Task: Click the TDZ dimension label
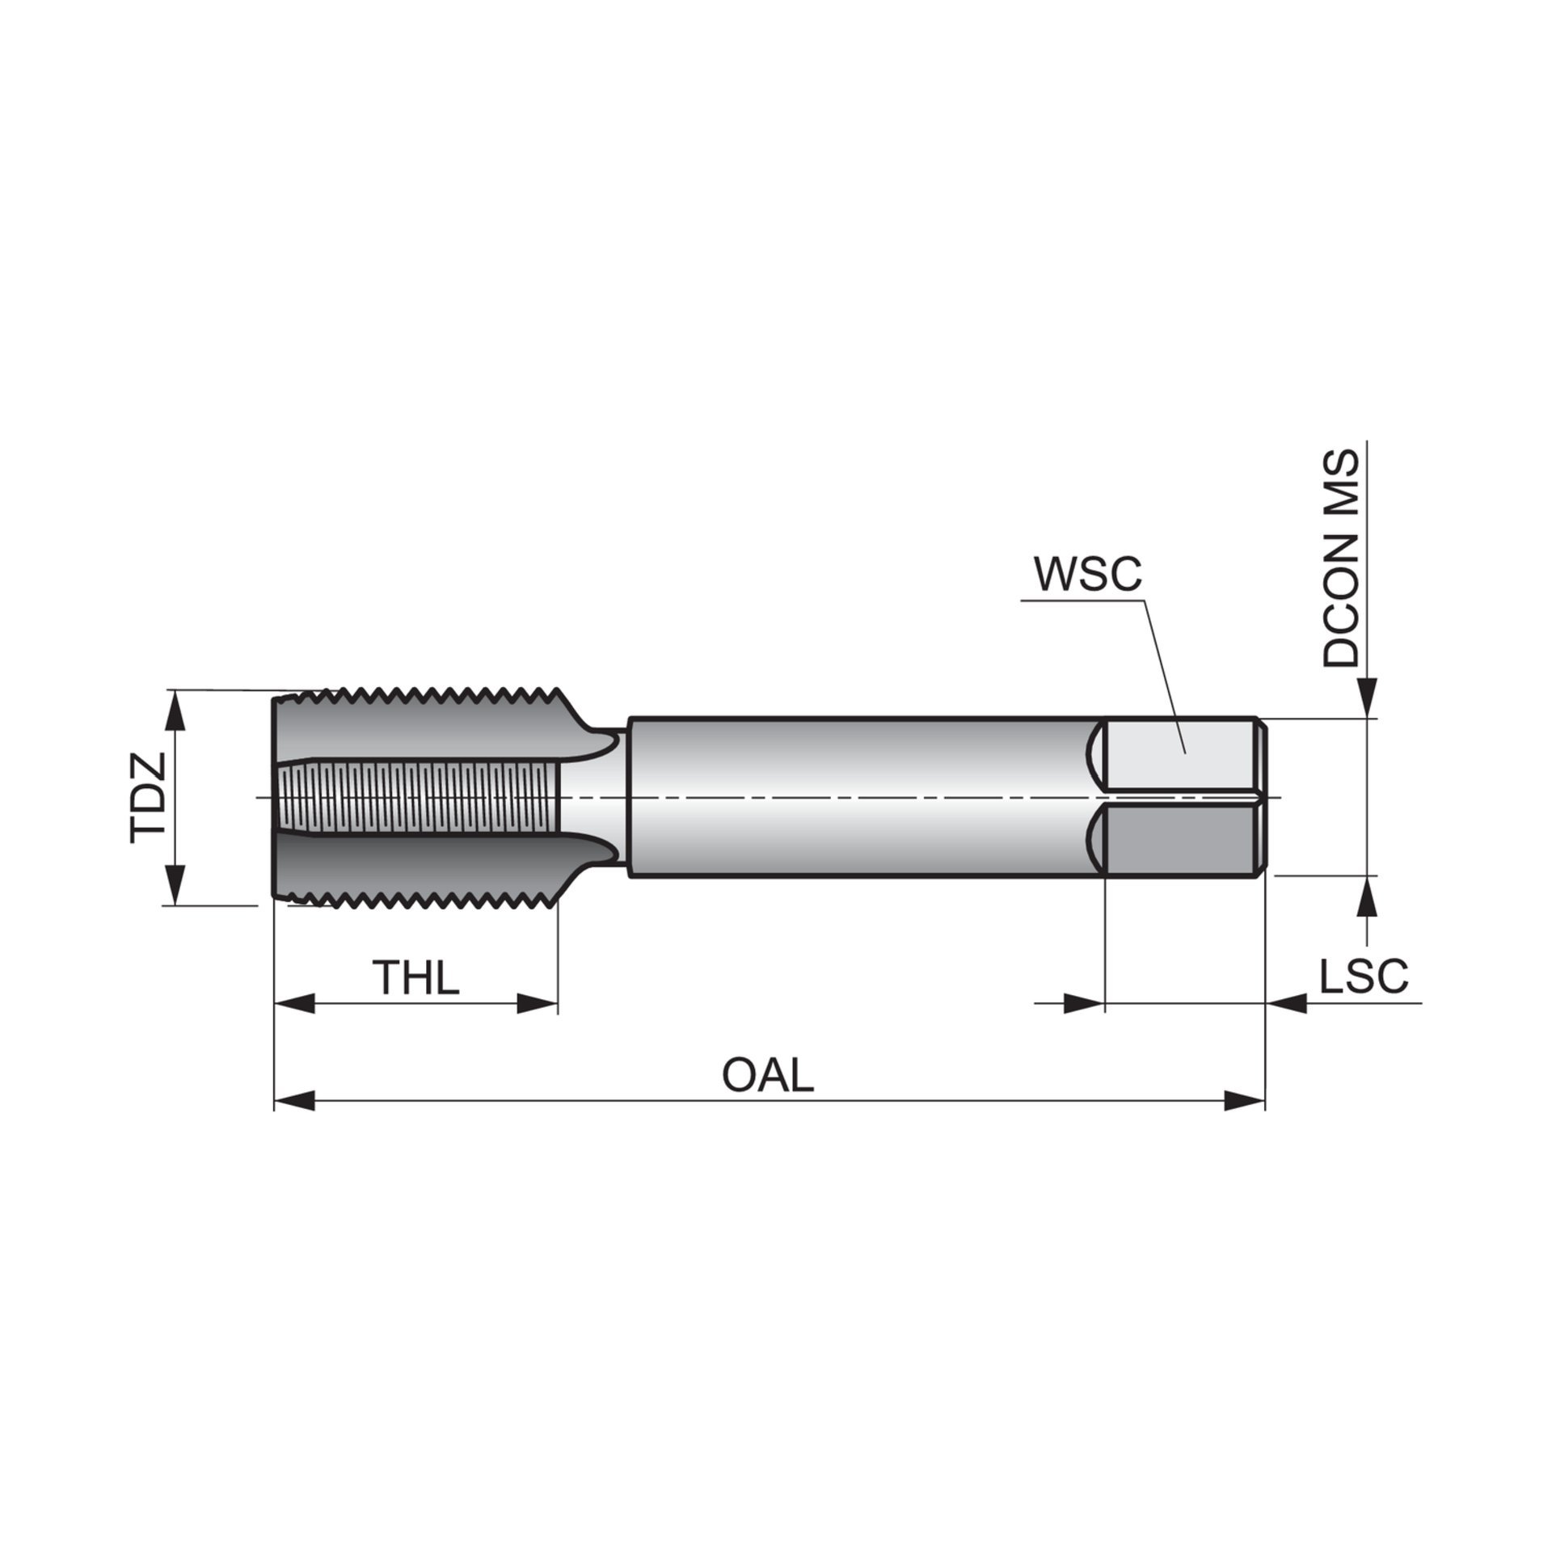tap(147, 798)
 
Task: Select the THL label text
tap(415, 977)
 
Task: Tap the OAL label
tap(767, 1076)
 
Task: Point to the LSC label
tap(1364, 976)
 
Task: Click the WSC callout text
tap(1088, 574)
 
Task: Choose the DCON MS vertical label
tap(1341, 559)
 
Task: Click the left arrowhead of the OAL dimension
tap(296, 1100)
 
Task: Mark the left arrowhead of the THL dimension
tap(296, 1005)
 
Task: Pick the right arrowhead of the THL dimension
tap(537, 1005)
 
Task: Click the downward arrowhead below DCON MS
tap(1366, 698)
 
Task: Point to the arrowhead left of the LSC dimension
tap(1083, 1005)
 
